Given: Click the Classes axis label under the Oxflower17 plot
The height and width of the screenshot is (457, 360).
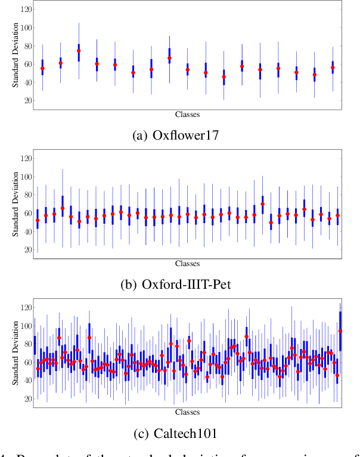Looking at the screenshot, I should point(187,114).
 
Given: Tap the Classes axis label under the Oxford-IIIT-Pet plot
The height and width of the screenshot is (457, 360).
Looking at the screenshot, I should point(187,263).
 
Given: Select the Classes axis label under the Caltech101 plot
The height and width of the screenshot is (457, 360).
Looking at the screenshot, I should point(187,412).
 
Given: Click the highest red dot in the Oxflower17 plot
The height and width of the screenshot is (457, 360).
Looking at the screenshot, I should point(79,51).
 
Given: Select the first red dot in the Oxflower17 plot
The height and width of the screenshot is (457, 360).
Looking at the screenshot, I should point(42,69).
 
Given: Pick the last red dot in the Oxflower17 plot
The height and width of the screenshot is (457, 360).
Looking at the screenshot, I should point(333,67).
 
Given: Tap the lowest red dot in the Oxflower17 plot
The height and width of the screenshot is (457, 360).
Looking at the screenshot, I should point(224,77).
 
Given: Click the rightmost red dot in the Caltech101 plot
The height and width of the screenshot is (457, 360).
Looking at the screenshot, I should point(340,331).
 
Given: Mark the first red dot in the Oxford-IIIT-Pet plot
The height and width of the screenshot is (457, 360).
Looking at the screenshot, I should point(38,220).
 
